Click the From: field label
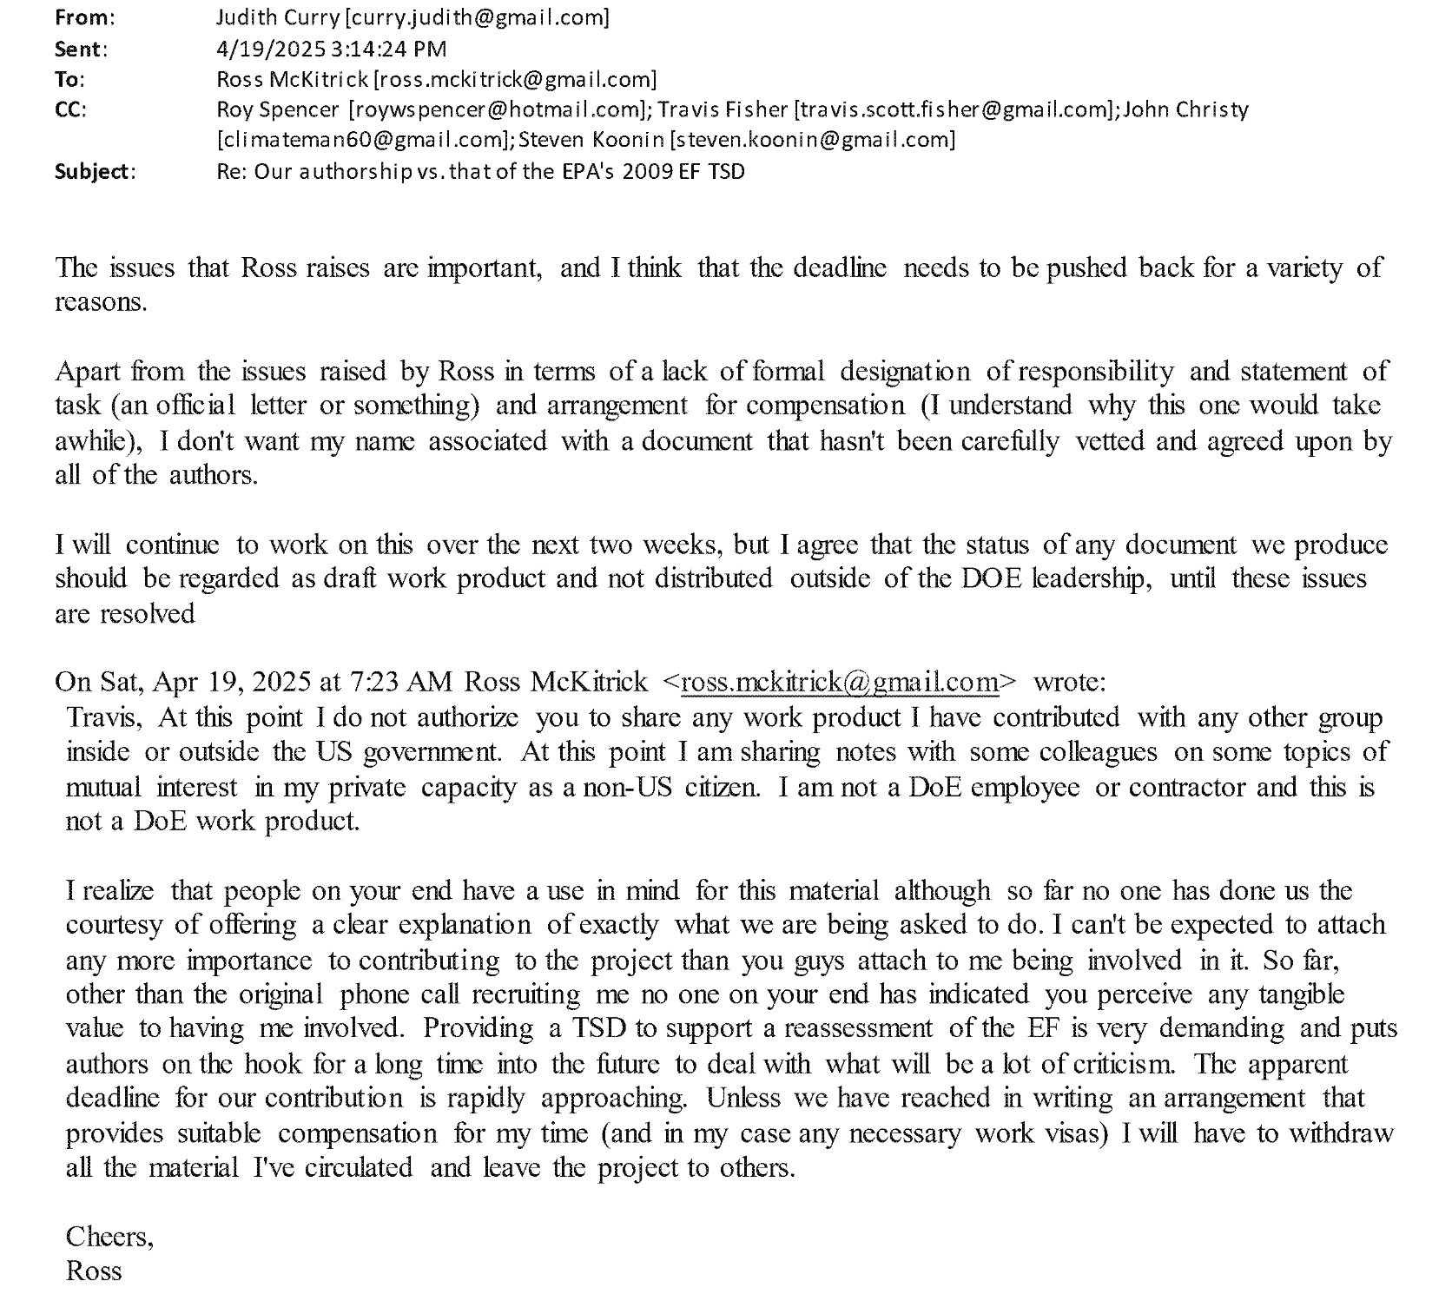84,17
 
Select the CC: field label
70,109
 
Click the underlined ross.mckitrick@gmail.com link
841,683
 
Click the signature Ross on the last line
94,1271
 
